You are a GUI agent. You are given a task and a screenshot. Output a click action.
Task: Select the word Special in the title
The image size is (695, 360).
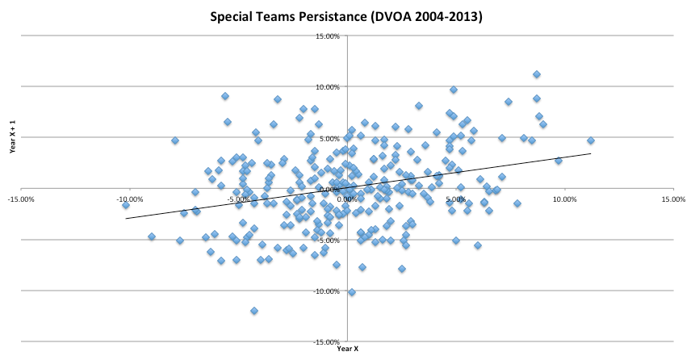click(x=233, y=16)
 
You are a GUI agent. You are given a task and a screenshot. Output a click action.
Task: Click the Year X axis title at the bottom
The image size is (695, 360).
click(x=347, y=349)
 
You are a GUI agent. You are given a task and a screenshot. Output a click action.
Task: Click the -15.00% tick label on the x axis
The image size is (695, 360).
click(x=21, y=198)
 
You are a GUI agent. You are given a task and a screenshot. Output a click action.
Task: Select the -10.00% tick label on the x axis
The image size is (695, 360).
click(x=130, y=198)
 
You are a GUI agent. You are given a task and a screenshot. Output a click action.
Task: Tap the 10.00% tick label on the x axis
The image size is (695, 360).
click(x=565, y=198)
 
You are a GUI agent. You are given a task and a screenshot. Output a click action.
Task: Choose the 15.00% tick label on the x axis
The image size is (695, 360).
click(x=673, y=198)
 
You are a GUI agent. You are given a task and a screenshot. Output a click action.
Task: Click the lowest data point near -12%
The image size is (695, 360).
click(x=254, y=311)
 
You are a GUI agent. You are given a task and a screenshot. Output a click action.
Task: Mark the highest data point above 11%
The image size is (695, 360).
click(x=537, y=74)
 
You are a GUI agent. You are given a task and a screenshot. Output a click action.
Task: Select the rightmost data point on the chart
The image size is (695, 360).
click(x=591, y=140)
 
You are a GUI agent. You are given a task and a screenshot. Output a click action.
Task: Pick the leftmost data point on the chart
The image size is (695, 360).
click(x=126, y=205)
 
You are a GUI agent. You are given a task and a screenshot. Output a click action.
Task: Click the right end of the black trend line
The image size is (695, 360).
click(x=591, y=153)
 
